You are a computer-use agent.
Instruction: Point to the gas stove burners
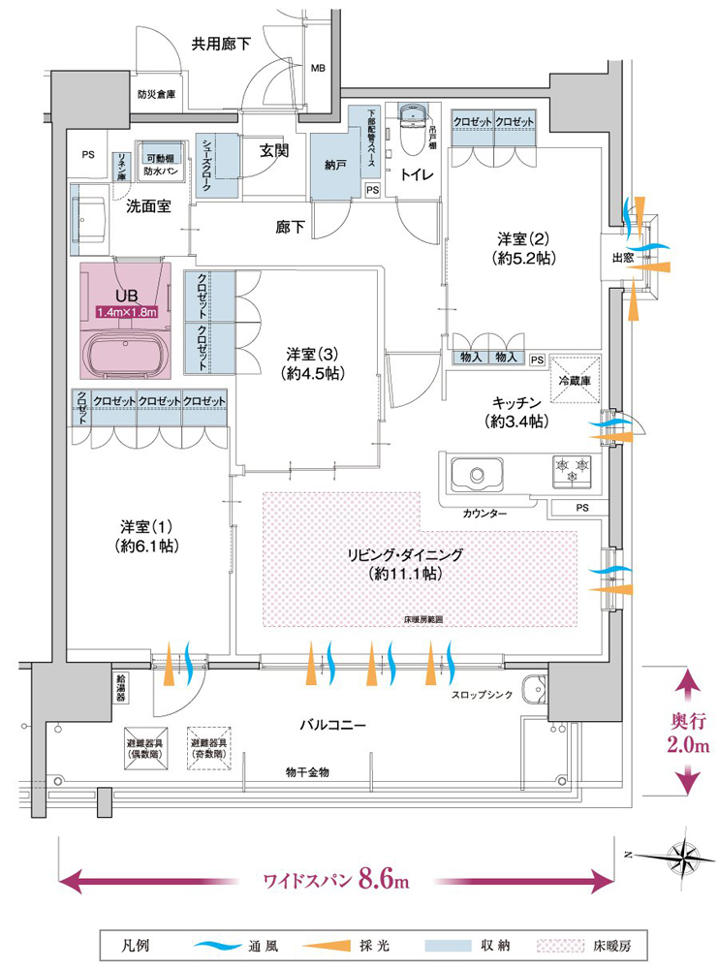[572, 471]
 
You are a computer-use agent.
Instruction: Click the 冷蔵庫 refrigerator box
[576, 380]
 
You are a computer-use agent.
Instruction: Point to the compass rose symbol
[684, 855]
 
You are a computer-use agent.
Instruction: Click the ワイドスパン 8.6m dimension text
[336, 880]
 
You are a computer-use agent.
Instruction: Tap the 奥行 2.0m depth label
[690, 735]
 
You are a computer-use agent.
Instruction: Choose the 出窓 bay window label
[622, 259]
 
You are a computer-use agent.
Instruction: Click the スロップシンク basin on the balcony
[532, 691]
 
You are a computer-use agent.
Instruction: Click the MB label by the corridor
[318, 70]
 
